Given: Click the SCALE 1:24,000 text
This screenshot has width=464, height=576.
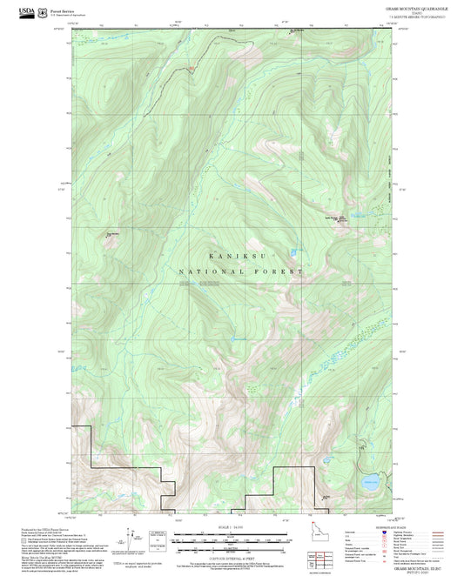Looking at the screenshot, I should click(x=231, y=527).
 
